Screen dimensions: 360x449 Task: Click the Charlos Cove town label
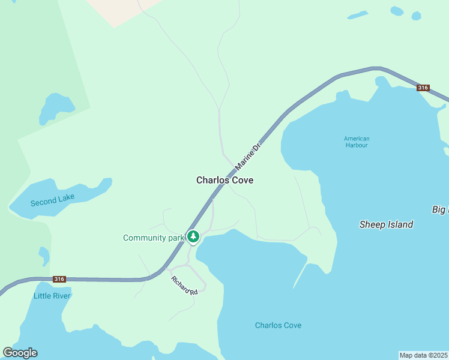(224, 180)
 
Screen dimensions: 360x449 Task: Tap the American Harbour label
(357, 142)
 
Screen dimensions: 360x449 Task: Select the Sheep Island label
(386, 224)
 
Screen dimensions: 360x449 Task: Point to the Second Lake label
(52, 200)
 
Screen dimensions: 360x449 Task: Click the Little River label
(52, 296)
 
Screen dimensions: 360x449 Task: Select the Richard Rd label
(184, 286)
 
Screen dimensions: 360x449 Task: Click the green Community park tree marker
(193, 237)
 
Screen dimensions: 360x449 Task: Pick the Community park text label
(153, 238)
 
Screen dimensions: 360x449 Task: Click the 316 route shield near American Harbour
(423, 88)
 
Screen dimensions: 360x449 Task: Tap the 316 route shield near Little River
(59, 279)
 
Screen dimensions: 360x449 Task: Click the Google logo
(20, 353)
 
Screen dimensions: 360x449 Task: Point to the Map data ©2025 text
(424, 355)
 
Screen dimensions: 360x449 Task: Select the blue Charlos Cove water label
(278, 325)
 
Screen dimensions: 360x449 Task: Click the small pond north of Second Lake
(56, 108)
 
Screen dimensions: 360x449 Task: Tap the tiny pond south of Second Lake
(44, 255)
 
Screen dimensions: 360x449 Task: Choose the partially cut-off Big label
(440, 209)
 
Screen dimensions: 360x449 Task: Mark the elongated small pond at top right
(358, 14)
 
